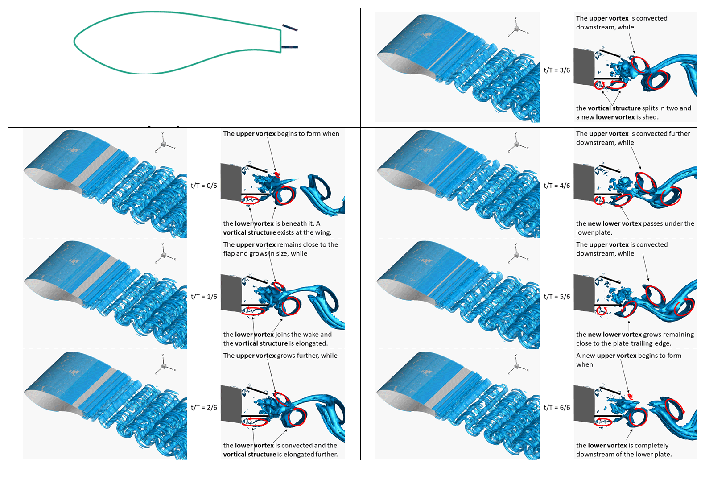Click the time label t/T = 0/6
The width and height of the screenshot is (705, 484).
[204, 186]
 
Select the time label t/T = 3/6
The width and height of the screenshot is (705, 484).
[557, 70]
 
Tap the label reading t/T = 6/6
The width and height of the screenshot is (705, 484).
[557, 407]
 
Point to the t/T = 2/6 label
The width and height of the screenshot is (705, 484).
[204, 407]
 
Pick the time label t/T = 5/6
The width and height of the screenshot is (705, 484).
[557, 296]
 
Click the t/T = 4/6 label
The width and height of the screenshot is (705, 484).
[557, 186]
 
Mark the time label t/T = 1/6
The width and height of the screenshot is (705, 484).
[204, 296]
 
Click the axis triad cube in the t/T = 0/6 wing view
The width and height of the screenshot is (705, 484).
[164, 144]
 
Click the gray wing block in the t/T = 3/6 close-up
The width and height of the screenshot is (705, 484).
[584, 66]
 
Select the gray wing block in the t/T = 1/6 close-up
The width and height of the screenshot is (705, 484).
[231, 293]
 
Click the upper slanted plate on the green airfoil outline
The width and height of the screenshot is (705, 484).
[290, 28]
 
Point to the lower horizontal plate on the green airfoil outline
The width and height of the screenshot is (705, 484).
[290, 47]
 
